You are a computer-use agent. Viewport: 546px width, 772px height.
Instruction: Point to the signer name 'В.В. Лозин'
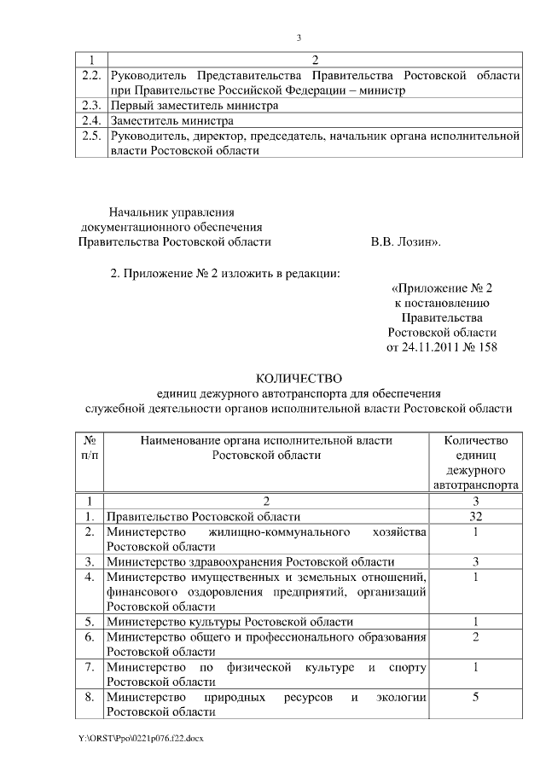point(405,242)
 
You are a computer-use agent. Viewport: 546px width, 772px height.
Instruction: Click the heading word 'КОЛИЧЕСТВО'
point(299,378)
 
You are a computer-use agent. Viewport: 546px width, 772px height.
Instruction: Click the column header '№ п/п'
point(90,448)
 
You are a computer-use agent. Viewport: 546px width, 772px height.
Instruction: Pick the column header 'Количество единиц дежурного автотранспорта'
point(475,461)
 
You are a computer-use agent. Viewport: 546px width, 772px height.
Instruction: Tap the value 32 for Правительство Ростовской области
point(475,517)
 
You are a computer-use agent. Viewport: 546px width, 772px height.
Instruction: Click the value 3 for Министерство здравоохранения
point(475,561)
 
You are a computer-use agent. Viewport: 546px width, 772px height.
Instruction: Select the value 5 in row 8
point(475,697)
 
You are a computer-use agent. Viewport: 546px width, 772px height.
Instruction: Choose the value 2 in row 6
point(475,636)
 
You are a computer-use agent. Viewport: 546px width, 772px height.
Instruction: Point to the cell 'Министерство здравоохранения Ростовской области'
point(250,561)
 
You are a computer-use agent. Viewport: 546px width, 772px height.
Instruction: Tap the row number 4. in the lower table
point(90,577)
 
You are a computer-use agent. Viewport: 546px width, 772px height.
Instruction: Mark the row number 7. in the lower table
point(90,666)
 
